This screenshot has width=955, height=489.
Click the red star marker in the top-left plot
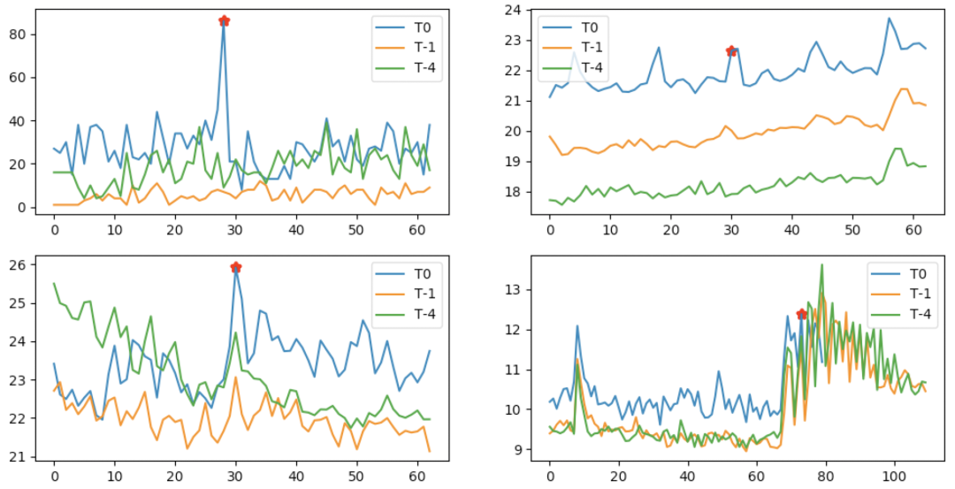224,20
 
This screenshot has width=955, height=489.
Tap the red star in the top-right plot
731,51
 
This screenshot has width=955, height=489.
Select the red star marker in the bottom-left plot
235,267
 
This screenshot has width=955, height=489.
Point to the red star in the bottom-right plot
801,314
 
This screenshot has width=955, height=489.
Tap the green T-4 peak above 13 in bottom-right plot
821,264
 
